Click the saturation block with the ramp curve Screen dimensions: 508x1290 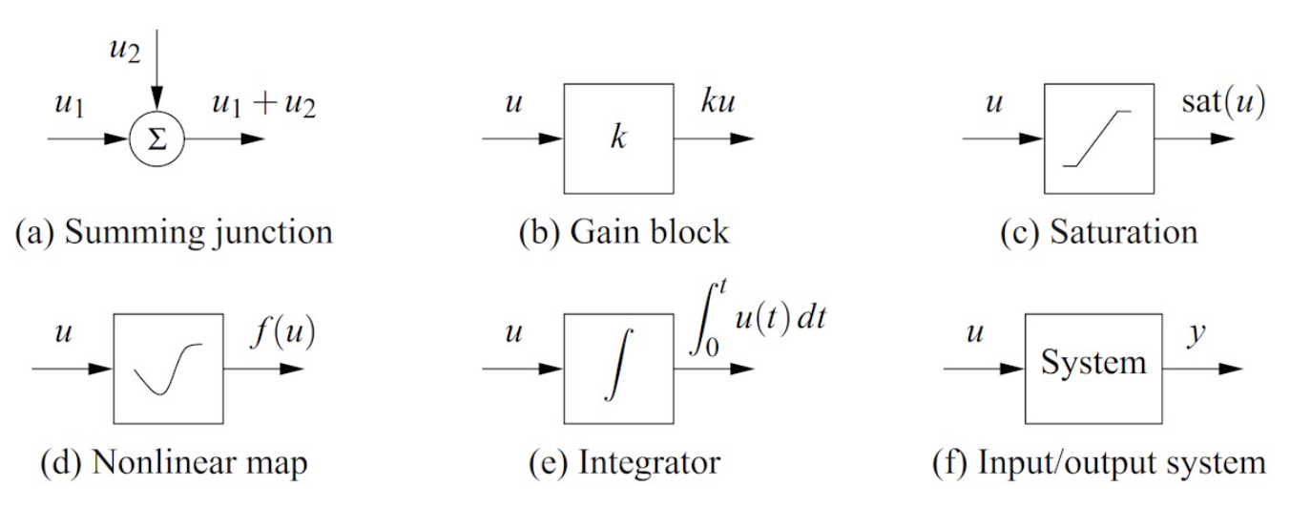pyautogui.click(x=1098, y=138)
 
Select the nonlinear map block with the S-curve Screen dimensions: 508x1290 pyautogui.click(x=168, y=369)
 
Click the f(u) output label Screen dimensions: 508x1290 pyautogui.click(x=284, y=335)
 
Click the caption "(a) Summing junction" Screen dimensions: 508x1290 pyautogui.click(x=172, y=230)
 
